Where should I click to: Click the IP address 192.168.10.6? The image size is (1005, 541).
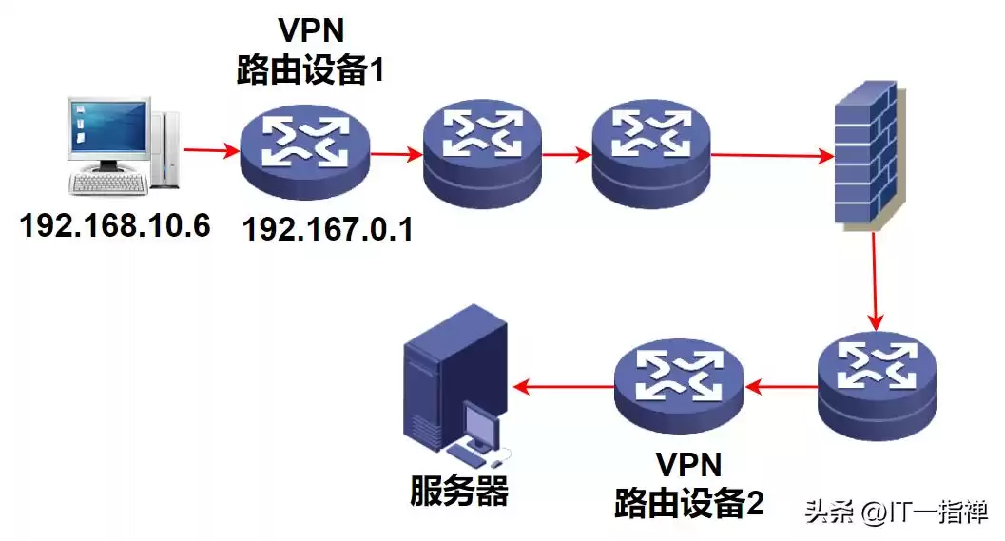(x=115, y=225)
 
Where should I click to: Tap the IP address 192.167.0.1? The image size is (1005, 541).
(x=327, y=230)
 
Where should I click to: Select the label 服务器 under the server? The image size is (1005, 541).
(x=459, y=491)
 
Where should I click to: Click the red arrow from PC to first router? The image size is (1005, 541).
(x=209, y=150)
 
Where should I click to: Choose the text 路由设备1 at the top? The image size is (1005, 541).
(x=310, y=71)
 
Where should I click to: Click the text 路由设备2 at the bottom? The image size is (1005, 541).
(x=688, y=500)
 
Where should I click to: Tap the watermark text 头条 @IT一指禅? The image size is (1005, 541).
(x=896, y=512)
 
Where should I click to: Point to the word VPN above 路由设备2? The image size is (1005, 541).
(x=688, y=464)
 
